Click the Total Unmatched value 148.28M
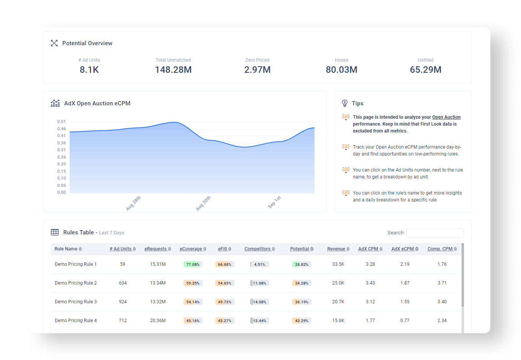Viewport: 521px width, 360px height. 173,70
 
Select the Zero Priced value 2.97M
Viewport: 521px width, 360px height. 257,70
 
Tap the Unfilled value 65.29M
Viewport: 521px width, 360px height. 426,70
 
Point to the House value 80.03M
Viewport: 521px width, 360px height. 341,70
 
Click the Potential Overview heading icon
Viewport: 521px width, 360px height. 54,43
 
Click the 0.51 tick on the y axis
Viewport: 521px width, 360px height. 61,122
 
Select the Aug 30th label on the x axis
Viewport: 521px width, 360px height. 203,203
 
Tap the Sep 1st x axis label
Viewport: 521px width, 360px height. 274,202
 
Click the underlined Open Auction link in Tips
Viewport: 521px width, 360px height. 446,117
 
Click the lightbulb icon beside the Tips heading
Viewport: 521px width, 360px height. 345,103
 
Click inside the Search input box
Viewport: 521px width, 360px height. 435,233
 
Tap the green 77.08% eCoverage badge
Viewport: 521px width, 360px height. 193,264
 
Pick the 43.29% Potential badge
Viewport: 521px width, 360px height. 301,321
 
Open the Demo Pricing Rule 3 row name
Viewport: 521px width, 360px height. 75,302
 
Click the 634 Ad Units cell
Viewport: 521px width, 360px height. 123,283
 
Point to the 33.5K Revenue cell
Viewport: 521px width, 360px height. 338,264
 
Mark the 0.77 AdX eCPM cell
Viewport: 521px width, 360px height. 405,321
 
